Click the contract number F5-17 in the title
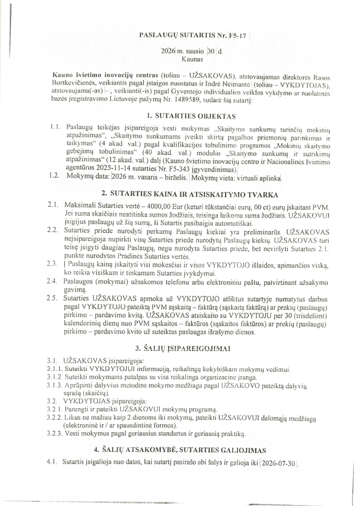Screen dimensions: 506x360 point(235,36)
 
